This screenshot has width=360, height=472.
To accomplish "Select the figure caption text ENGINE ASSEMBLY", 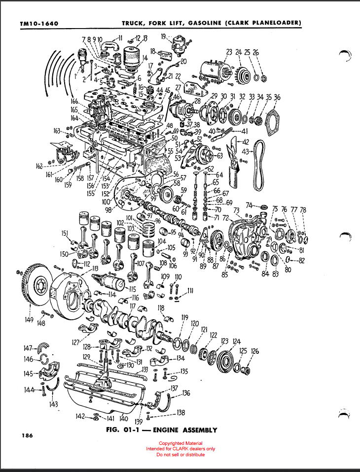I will tap(185, 430).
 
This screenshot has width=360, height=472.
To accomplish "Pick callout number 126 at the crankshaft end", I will tap(254, 351).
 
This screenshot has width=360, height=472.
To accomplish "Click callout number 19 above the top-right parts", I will tap(163, 35).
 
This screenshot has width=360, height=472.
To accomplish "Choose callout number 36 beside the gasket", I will tap(277, 98).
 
